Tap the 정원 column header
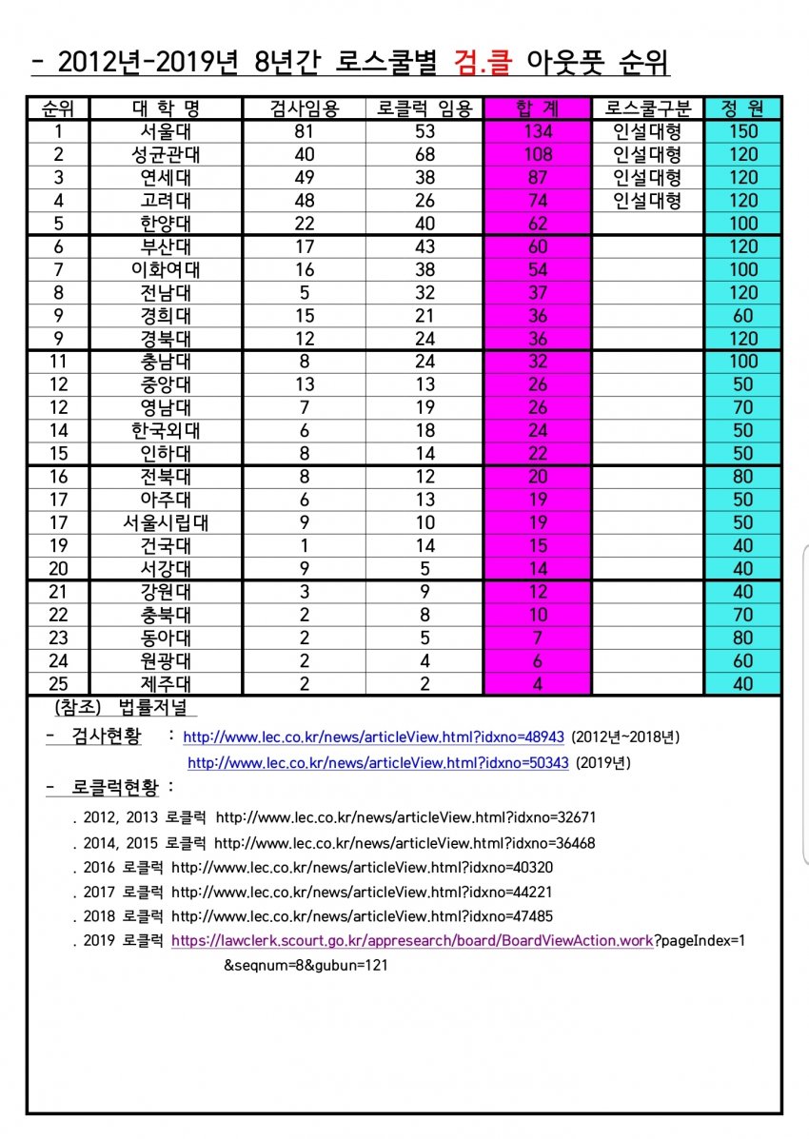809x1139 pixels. tap(743, 108)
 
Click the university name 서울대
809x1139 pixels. tap(166, 131)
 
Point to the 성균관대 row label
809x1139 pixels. tap(166, 154)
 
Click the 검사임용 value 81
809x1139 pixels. tap(305, 131)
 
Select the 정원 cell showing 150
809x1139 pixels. tap(743, 131)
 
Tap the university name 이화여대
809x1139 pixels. tap(166, 269)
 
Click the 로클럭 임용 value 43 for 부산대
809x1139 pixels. tap(424, 246)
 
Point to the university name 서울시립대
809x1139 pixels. tap(166, 522)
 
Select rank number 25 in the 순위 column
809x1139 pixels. tap(58, 683)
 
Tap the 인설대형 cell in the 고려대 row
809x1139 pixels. tap(647, 200)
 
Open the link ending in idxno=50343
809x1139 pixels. tap(378, 763)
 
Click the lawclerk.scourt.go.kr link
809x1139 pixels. tap(412, 941)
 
